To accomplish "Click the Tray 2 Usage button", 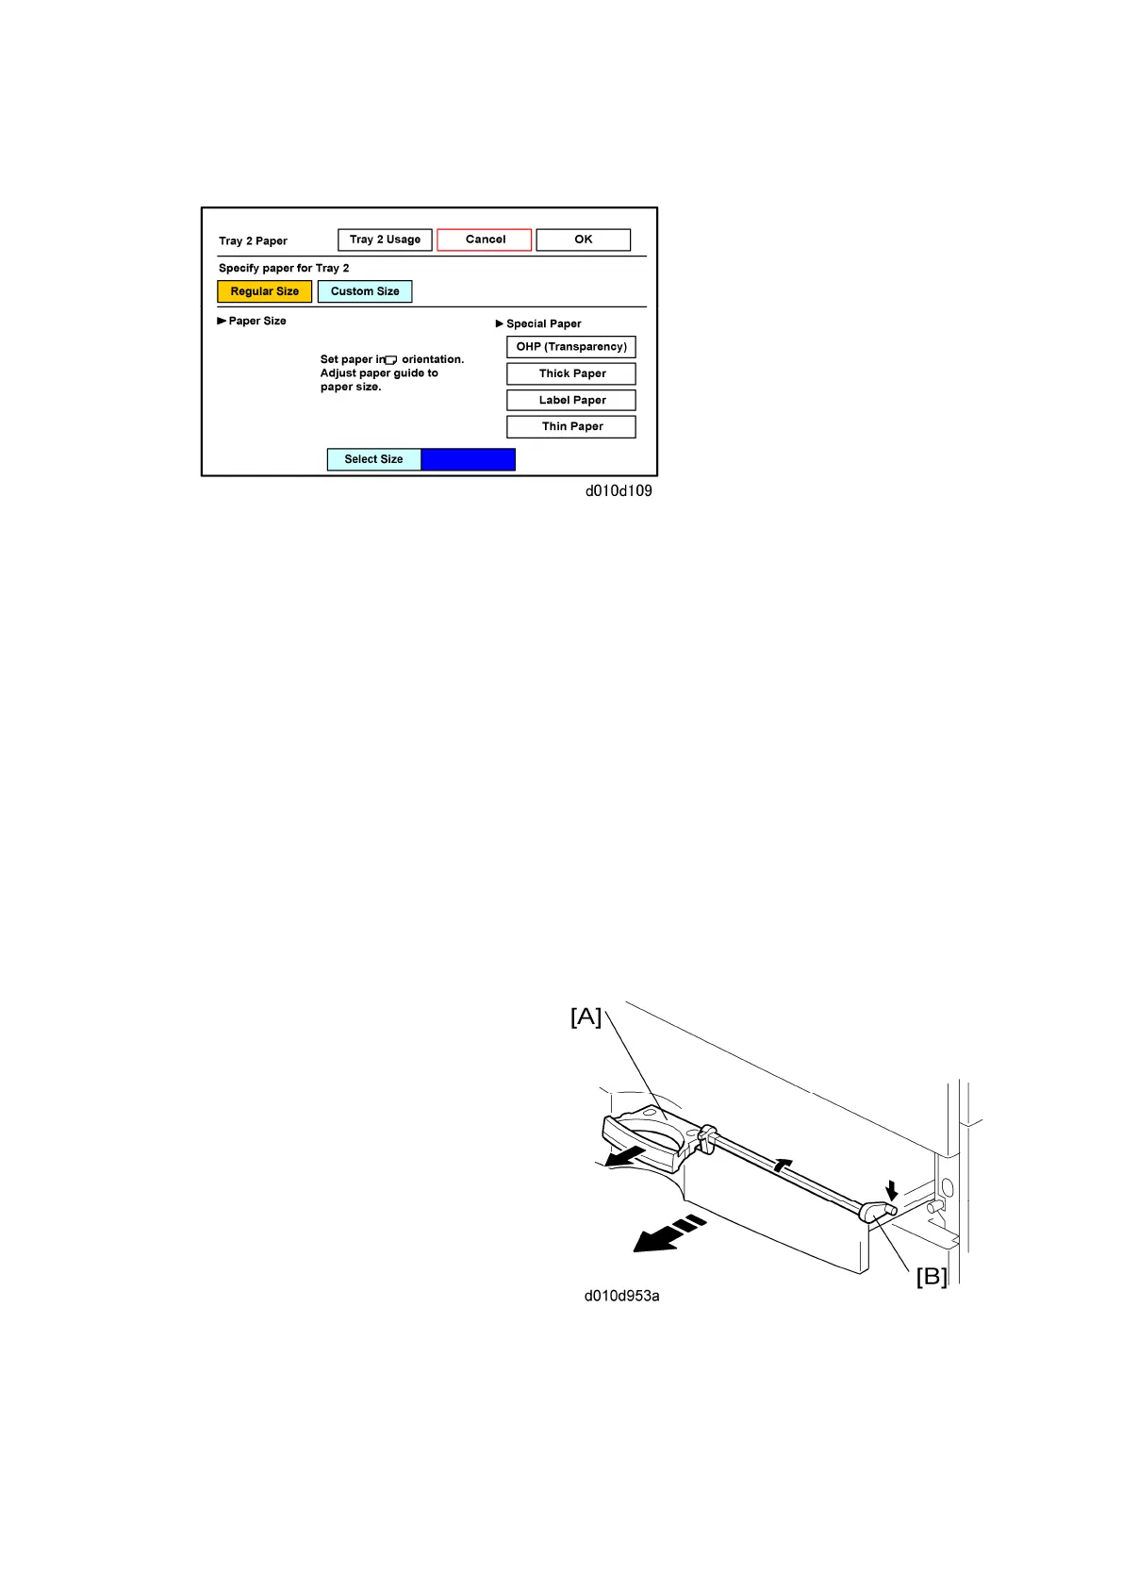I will [385, 240].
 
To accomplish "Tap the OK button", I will [583, 240].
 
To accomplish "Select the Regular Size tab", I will [264, 291].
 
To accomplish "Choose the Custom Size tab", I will [365, 291].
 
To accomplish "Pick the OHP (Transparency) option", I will [571, 347].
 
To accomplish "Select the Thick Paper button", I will [571, 373].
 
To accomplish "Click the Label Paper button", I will [571, 400].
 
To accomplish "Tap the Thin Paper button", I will [571, 426].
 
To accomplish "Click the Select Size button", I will [373, 459].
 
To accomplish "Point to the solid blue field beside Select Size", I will [468, 459].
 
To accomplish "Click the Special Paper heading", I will [543, 323].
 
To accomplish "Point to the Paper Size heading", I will [256, 321].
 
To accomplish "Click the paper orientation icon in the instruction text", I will [391, 360].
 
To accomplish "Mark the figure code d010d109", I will [619, 490].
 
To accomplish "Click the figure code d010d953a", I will [621, 1296].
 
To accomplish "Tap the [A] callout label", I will [586, 1017].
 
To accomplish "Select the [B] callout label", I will [932, 1276].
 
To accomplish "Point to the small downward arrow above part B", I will [891, 1190].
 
